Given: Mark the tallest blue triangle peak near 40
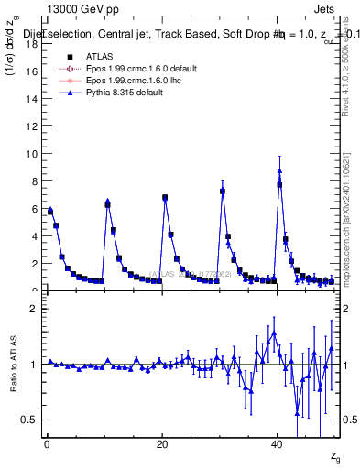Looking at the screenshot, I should click(x=280, y=170).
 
